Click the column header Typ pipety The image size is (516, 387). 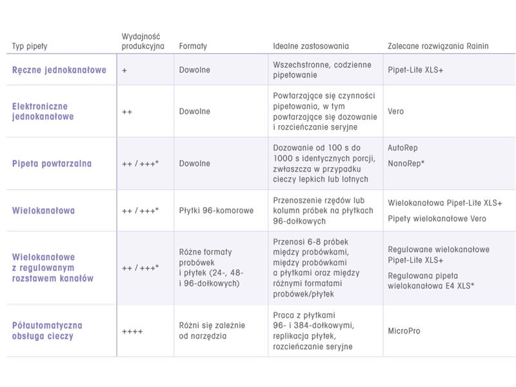tap(30, 46)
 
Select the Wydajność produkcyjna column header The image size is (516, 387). tap(143, 41)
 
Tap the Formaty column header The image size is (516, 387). tap(193, 46)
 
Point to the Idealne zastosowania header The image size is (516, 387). tap(311, 46)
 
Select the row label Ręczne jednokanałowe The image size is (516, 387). tap(59, 70)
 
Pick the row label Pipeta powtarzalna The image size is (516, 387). tap(52, 163)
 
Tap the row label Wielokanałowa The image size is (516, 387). tap(44, 210)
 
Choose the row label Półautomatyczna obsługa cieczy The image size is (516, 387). tap(48, 331)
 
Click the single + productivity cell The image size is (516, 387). tap(124, 70)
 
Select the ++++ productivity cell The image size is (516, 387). tap(132, 331)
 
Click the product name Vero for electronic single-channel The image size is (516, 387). tap(396, 111)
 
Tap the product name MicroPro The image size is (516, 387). tap(404, 331)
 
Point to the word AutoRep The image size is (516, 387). tap(402, 148)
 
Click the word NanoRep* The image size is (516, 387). tap(406, 164)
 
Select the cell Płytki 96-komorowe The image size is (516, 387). tap(216, 210)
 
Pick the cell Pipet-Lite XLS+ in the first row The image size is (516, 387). tap(415, 70)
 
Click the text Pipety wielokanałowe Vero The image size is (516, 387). tap(437, 219)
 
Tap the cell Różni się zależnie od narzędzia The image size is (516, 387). tap(210, 331)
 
